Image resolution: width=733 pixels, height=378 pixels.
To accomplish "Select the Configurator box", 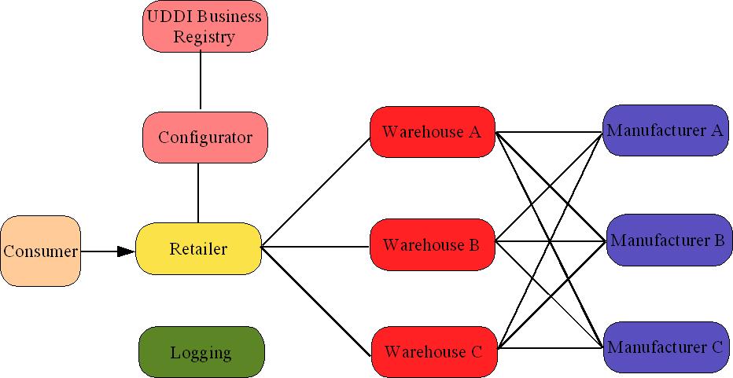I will coord(205,138).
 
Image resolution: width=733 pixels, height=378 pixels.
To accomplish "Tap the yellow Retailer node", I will coord(198,249).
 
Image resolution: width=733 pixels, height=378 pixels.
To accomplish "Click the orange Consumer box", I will coord(41,251).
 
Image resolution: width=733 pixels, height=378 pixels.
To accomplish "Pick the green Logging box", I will coord(201,353).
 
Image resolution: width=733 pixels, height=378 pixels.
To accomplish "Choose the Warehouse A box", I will coord(432,132).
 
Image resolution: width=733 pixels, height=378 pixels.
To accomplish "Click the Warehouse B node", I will coord(431,245).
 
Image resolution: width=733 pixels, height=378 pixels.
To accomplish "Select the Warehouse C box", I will coord(433,351).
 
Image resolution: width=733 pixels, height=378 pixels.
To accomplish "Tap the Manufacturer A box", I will coord(665,130).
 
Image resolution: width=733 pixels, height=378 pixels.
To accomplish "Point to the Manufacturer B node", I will coord(667,240).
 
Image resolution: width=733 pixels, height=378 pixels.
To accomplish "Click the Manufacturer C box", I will coord(665,347).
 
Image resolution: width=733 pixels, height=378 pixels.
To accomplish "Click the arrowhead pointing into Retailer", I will coord(126,251).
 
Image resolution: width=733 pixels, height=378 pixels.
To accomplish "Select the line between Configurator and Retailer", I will coord(198,193).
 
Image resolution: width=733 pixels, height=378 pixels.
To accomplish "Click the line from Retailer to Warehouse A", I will coord(315,193).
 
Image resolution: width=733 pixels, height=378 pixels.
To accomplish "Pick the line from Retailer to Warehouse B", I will coord(315,248).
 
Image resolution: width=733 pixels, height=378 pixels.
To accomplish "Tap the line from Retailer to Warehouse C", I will coord(315,302).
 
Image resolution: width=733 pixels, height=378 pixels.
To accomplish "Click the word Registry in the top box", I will coord(204,37).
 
